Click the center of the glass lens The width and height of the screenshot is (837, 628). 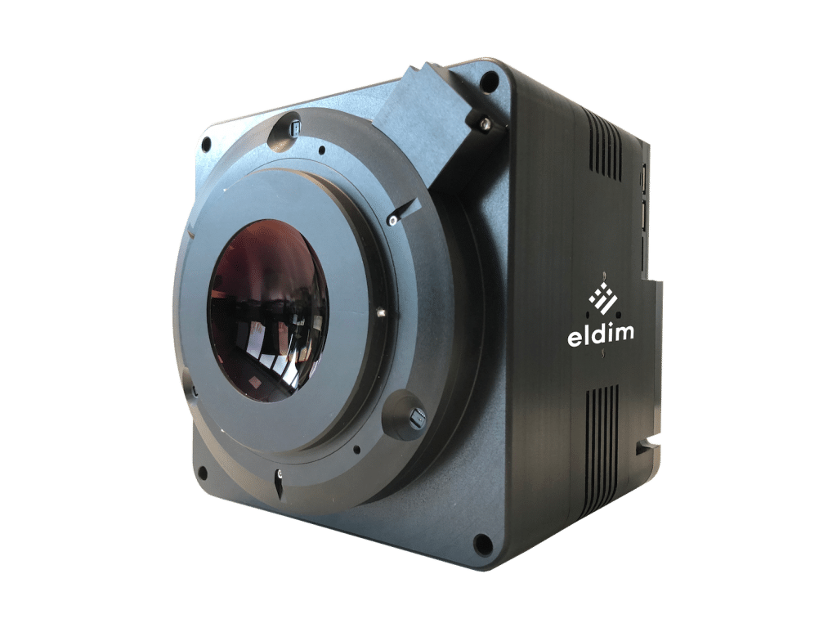(268, 310)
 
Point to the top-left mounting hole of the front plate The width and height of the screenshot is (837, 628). (206, 143)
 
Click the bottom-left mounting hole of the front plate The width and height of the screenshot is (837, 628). (203, 472)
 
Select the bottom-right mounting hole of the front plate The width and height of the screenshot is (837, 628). (482, 543)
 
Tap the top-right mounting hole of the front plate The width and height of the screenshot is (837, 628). (487, 82)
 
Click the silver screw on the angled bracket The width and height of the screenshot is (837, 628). (484, 123)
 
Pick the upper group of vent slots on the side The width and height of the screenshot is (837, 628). (606, 145)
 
